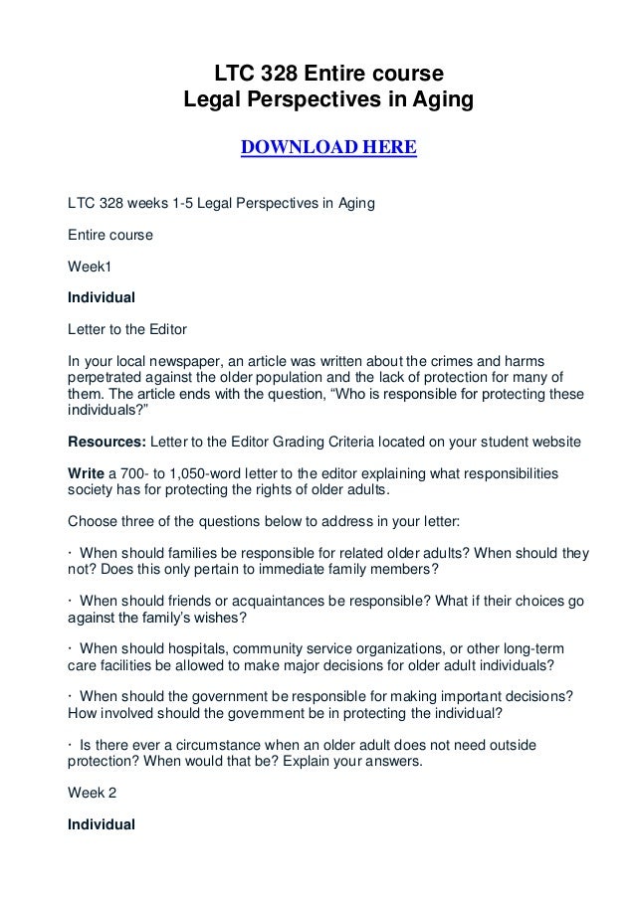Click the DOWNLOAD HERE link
pos(328,149)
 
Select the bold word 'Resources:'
pos(105,440)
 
